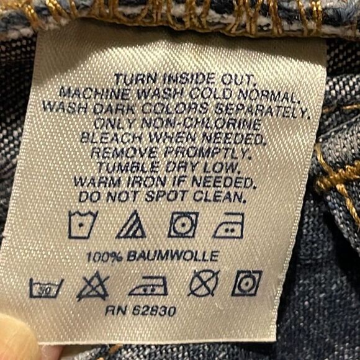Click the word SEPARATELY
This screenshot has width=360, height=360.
tap(261, 110)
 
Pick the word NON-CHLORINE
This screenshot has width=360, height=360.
tap(202, 124)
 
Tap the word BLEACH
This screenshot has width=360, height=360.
tap(111, 137)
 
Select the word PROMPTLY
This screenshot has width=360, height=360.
tap(207, 153)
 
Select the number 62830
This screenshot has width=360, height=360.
tap(155, 310)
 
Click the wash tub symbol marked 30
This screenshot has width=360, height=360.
tap(46, 289)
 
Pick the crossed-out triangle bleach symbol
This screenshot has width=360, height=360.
tap(92, 286)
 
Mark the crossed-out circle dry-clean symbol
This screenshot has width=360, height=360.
tap(204, 283)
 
